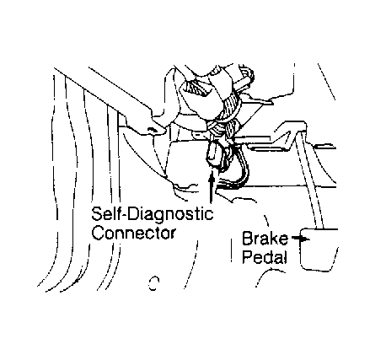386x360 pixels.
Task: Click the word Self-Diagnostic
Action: coord(153,214)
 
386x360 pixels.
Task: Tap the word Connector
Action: coord(134,233)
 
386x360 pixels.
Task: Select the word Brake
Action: coord(265,239)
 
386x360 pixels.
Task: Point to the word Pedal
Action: coord(265,256)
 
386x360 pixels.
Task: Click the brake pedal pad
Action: coord(319,250)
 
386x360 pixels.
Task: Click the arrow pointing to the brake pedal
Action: coord(301,239)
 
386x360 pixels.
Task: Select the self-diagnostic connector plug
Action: coord(215,154)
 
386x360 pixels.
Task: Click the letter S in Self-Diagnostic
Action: coord(96,214)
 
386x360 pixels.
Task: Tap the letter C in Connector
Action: coord(98,233)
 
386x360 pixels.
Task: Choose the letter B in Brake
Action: coord(247,239)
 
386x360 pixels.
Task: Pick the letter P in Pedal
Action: coord(247,256)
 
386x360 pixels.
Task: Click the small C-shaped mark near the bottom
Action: coord(153,283)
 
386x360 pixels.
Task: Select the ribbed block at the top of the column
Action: coord(196,88)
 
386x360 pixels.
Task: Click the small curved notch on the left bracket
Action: coord(152,129)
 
